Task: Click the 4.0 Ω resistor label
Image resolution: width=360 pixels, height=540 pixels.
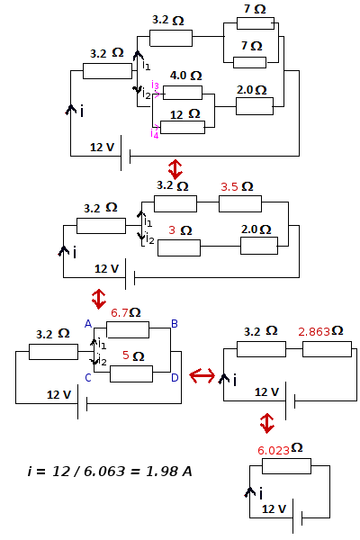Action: click(185, 76)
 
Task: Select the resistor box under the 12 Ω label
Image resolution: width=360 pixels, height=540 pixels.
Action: click(184, 126)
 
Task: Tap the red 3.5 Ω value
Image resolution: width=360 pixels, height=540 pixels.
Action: click(236, 186)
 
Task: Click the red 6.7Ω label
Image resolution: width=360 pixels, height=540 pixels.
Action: click(125, 312)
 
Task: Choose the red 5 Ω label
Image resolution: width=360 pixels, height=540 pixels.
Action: click(131, 355)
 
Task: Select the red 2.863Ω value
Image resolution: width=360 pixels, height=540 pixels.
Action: click(320, 331)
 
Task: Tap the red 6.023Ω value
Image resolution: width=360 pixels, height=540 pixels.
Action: click(280, 447)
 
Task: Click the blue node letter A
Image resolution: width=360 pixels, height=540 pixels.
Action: click(88, 323)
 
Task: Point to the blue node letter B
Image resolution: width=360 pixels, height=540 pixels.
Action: click(175, 323)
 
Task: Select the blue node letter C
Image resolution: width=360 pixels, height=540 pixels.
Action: click(88, 377)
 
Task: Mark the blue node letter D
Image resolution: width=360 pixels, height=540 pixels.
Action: click(175, 377)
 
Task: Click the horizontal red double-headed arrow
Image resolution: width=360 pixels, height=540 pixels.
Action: click(201, 375)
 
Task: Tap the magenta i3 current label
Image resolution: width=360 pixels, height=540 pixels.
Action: click(156, 87)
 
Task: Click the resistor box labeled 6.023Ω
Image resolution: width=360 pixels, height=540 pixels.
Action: click(285, 465)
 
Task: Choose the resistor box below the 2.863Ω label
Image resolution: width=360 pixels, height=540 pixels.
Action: click(320, 349)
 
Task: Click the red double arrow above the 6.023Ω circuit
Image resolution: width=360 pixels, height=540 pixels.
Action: click(266, 422)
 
